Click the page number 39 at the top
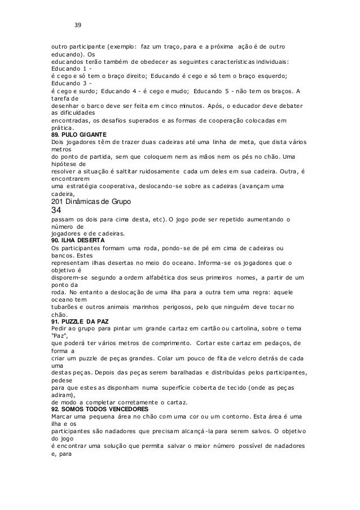[78, 25]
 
